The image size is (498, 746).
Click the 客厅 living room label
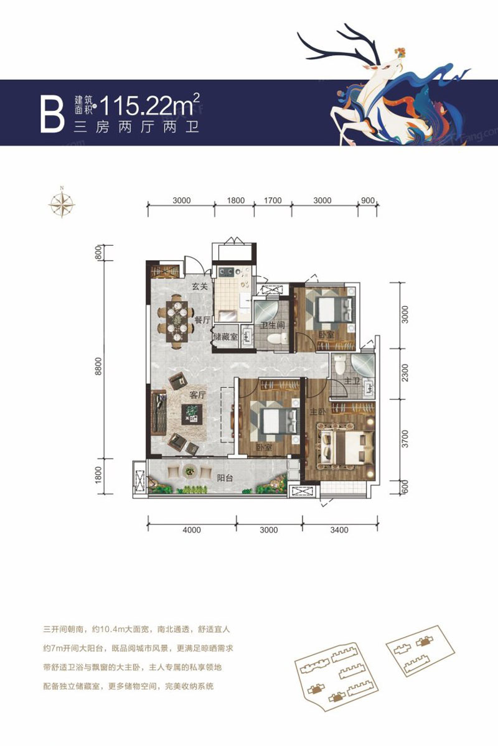[x=198, y=394]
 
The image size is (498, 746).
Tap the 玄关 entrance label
[x=199, y=287]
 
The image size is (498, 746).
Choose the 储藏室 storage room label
[x=225, y=337]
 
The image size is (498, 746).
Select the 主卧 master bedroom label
[x=317, y=413]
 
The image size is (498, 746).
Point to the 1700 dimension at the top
[x=273, y=200]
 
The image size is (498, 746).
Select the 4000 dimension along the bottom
[x=192, y=530]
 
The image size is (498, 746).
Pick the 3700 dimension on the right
[x=405, y=439]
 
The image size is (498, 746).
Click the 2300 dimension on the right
[x=405, y=375]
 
